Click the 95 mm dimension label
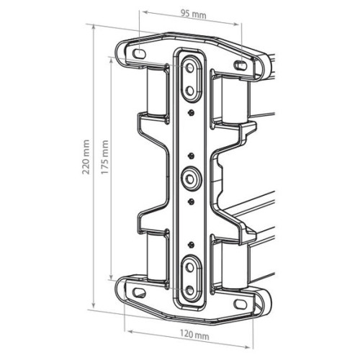click(193, 14)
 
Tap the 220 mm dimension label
click(86, 157)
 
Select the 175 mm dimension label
click(104, 158)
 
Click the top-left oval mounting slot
click(139, 53)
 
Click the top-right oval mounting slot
click(240, 65)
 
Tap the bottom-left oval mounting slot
click(139, 293)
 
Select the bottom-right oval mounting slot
click(240, 304)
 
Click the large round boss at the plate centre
click(190, 179)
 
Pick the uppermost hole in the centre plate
click(190, 68)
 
